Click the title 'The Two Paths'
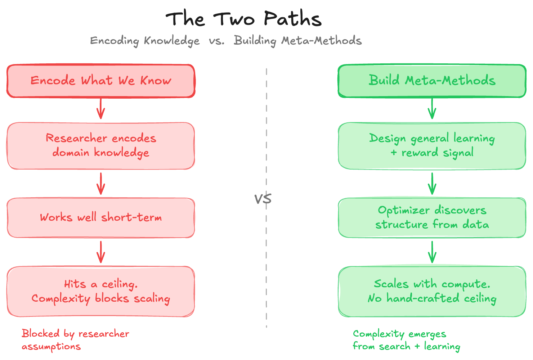pyautogui.click(x=243, y=19)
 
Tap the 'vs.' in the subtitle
pyautogui.click(x=216, y=41)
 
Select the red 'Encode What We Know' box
pyautogui.click(x=101, y=81)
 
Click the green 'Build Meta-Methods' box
pyautogui.click(x=432, y=81)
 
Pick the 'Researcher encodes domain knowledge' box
pyautogui.click(x=101, y=146)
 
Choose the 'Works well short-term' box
pyautogui.click(x=101, y=218)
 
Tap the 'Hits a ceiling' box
pyautogui.click(x=101, y=292)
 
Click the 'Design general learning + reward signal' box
pyautogui.click(x=432, y=146)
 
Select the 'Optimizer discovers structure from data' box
pyautogui.click(x=432, y=218)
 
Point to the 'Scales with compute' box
pyautogui.click(x=432, y=292)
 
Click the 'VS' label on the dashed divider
pyautogui.click(x=263, y=199)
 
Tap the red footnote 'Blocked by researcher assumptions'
pyautogui.click(x=75, y=340)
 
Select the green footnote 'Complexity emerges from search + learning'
pyautogui.click(x=406, y=340)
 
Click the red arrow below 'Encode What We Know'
pyautogui.click(x=101, y=109)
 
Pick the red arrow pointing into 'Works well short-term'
pyautogui.click(x=101, y=184)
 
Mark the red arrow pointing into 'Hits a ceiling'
pyautogui.click(x=101, y=252)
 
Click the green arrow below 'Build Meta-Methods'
pyautogui.click(x=432, y=109)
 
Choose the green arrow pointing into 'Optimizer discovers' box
pyautogui.click(x=432, y=184)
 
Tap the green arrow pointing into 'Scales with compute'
pyautogui.click(x=432, y=252)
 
